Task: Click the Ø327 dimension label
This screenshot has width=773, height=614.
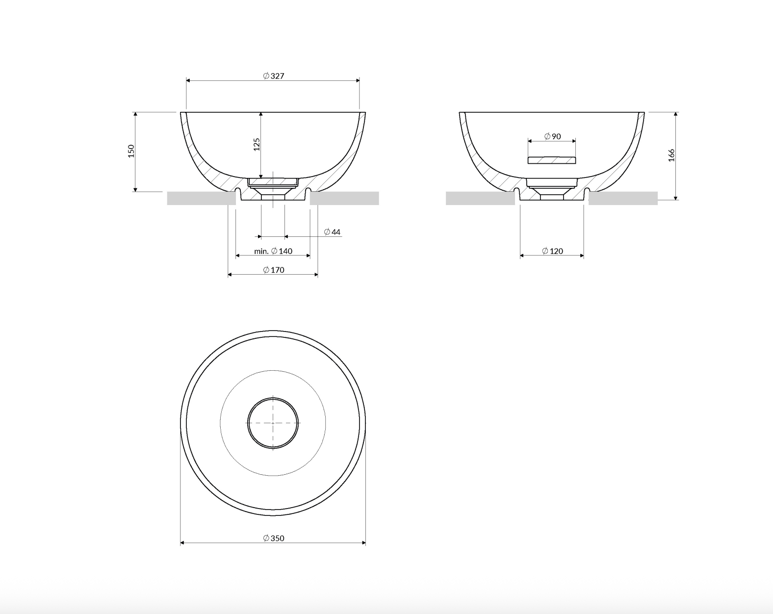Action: tap(273, 76)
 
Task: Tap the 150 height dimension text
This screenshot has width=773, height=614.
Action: tap(131, 151)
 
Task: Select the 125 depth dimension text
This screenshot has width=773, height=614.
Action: tap(257, 145)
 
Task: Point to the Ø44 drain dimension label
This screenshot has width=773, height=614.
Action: tap(332, 232)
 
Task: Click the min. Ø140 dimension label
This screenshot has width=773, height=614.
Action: tap(273, 251)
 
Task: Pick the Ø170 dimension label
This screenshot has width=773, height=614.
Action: tap(273, 270)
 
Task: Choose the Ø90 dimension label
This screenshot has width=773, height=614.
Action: tap(552, 136)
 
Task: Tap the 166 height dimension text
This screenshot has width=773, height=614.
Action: tap(671, 155)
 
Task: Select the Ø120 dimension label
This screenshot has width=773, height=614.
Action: tap(552, 251)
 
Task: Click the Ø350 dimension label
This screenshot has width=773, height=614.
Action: tap(273, 538)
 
